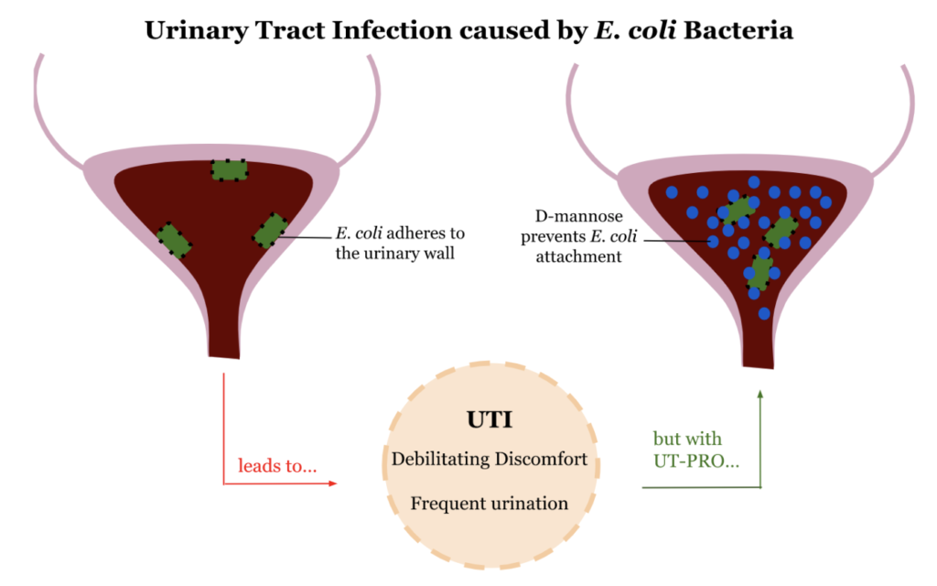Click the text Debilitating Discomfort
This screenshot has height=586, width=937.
point(490,458)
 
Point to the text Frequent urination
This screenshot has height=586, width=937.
point(490,504)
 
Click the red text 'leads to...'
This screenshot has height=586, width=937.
point(277,465)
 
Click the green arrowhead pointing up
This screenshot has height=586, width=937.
point(759,395)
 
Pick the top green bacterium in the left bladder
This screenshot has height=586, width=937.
point(230,169)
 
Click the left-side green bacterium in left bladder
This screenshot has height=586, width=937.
point(173,240)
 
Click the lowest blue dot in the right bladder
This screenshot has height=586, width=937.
point(764,313)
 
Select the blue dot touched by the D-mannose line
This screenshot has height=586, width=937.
point(713,242)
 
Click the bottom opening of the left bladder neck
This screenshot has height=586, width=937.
point(224,354)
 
